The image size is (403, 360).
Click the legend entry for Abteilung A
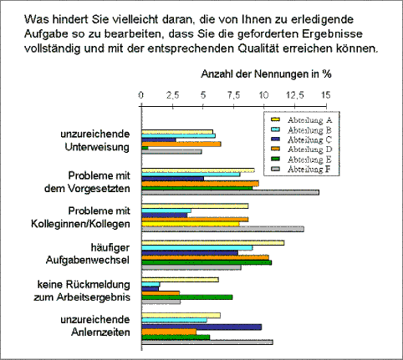[302, 120]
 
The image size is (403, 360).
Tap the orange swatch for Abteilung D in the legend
[275, 149]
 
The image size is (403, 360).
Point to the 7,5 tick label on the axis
[233, 95]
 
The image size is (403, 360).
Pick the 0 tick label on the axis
[141, 95]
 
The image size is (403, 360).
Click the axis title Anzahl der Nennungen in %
[266, 74]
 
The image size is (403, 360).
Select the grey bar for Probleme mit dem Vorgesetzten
[231, 192]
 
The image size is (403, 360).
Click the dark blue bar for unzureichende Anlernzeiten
[201, 327]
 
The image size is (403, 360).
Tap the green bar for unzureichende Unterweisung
[145, 148]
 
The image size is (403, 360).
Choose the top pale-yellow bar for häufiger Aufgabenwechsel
[213, 243]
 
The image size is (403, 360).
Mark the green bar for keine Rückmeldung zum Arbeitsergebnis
[187, 297]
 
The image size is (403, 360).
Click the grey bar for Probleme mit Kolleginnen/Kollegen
[223, 229]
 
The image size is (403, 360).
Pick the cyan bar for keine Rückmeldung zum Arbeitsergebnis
[150, 284]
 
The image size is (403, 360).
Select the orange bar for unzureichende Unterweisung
[181, 144]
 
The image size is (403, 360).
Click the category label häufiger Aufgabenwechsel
[88, 254]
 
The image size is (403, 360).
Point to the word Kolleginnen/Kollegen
[80, 224]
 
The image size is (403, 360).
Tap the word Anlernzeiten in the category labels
[100, 332]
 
